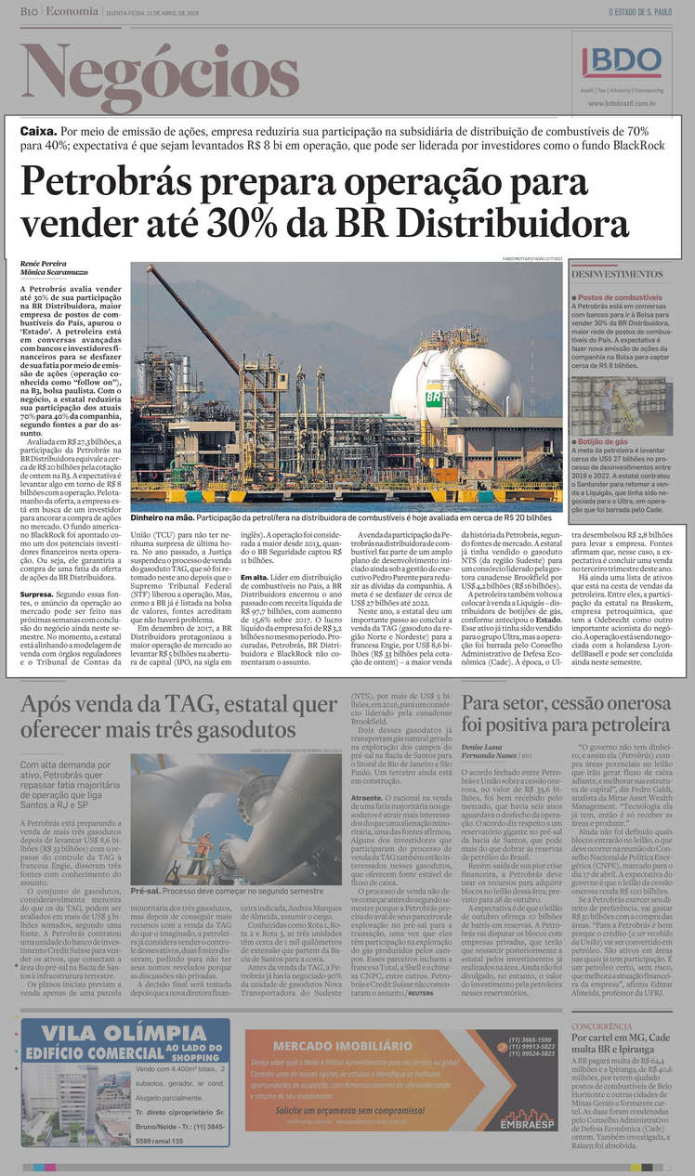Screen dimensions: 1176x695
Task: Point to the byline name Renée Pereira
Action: pos(43,265)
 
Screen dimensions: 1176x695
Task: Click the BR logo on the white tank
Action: pos(433,397)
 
